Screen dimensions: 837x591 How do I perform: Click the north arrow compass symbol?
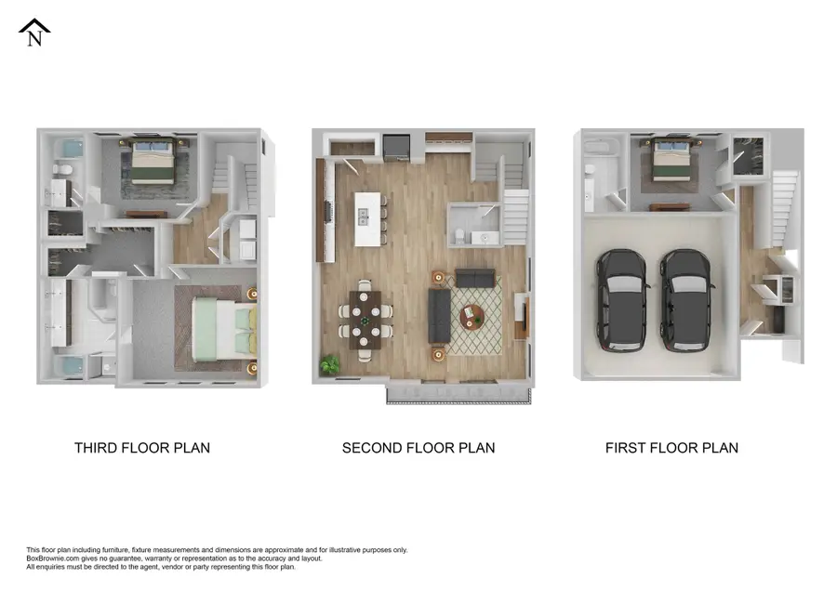(x=34, y=33)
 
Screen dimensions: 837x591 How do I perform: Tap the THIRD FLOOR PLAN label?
(x=142, y=448)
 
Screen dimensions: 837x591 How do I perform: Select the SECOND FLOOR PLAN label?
(x=418, y=448)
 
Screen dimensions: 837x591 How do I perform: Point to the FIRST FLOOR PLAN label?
(x=671, y=448)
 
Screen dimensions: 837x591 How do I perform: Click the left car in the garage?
(x=621, y=300)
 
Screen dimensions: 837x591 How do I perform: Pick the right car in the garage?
(x=686, y=300)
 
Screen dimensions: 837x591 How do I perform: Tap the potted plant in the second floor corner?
(x=330, y=365)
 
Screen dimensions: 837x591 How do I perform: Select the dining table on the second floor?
(x=365, y=320)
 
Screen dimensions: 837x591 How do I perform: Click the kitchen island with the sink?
(x=367, y=219)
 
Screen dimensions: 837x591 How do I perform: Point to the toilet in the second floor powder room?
(x=459, y=235)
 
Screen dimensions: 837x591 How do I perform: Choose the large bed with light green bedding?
(x=224, y=328)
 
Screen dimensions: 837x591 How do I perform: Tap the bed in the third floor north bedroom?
(x=153, y=161)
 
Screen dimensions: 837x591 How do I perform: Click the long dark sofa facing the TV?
(x=439, y=316)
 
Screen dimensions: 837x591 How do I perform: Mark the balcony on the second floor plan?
(x=458, y=395)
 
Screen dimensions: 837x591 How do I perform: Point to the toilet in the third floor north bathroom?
(x=63, y=170)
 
